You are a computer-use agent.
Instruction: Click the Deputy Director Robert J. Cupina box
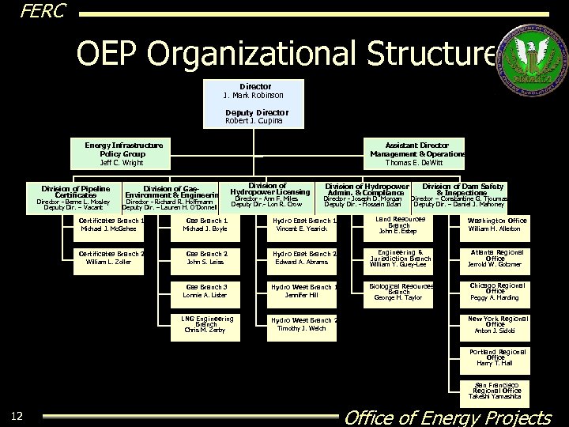tap(252, 117)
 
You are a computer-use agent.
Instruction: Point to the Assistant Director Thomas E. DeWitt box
tap(416, 154)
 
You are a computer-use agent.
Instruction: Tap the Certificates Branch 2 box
tap(111, 258)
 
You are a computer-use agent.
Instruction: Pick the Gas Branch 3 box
tap(205, 290)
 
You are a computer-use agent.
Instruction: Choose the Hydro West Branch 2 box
tap(302, 323)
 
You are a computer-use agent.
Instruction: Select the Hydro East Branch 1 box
tap(302, 225)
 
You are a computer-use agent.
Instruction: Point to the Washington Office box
tap(496, 225)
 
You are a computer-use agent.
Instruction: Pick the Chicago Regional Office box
tap(496, 290)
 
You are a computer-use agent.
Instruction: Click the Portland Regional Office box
tap(496, 357)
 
